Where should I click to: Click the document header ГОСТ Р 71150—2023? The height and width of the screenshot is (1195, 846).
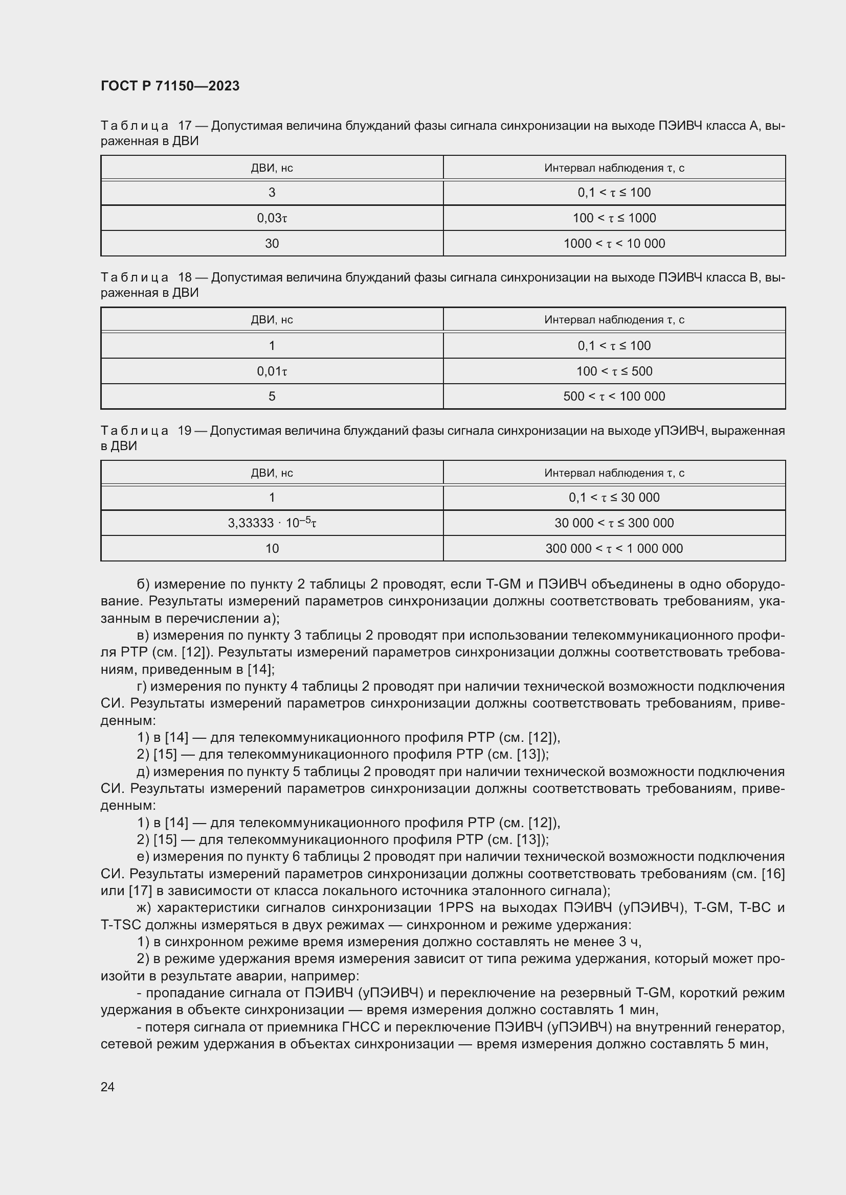pyautogui.click(x=170, y=86)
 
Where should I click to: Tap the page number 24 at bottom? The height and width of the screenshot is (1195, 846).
pyautogui.click(x=107, y=1087)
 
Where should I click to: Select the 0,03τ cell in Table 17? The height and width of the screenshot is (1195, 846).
pyautogui.click(x=272, y=218)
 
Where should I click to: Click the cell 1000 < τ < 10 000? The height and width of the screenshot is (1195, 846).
pyautogui.click(x=614, y=244)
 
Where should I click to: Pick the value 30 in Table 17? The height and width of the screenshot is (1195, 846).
pyautogui.click(x=272, y=244)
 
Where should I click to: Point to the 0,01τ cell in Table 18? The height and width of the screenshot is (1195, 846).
pyautogui.click(x=272, y=371)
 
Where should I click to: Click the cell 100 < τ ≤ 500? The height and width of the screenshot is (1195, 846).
pyautogui.click(x=614, y=371)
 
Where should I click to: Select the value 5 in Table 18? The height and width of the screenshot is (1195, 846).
pyautogui.click(x=272, y=396)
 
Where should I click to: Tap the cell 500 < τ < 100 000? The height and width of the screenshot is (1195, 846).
pyautogui.click(x=614, y=396)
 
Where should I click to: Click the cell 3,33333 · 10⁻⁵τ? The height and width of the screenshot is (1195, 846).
pyautogui.click(x=272, y=523)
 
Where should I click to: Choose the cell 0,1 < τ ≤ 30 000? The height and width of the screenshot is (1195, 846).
pyautogui.click(x=614, y=498)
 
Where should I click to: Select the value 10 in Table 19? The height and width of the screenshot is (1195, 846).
pyautogui.click(x=272, y=549)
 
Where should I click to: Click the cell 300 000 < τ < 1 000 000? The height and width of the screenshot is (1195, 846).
pyautogui.click(x=614, y=549)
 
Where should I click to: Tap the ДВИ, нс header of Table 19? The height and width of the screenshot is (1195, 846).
pyautogui.click(x=272, y=473)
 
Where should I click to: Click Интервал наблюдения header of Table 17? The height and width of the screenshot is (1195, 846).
pyautogui.click(x=614, y=168)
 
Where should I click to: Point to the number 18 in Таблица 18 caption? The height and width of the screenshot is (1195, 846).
pyautogui.click(x=185, y=277)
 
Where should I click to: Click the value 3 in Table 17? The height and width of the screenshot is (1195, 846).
pyautogui.click(x=272, y=193)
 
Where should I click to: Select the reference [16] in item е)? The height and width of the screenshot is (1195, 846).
pyautogui.click(x=773, y=874)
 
